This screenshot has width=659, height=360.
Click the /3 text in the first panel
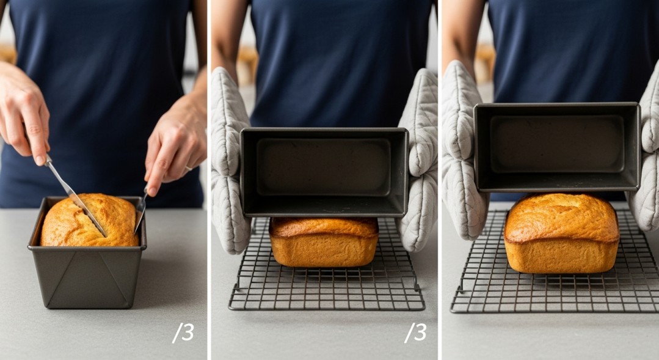click(183, 332)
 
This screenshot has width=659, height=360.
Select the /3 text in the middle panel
click(415, 332)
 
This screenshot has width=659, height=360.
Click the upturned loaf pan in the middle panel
click(324, 171)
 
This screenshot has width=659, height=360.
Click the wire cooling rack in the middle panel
click(327, 290)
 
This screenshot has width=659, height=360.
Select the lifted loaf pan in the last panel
click(557, 147)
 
